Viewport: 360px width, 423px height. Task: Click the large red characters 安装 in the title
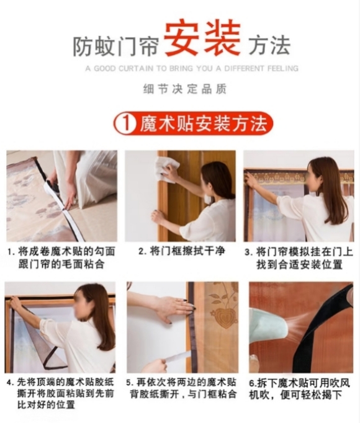[x=202, y=39]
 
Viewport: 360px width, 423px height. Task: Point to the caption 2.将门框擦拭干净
[x=181, y=251]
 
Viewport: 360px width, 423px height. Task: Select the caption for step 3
[x=299, y=258]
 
